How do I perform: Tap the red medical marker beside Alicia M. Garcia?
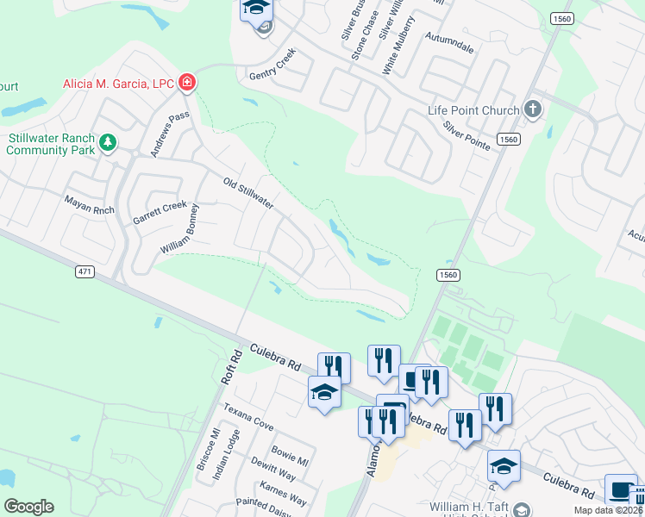pyautogui.click(x=186, y=83)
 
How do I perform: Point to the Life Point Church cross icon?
pyautogui.click(x=533, y=109)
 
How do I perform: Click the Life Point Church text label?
pyautogui.click(x=474, y=110)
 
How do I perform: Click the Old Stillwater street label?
pyautogui.click(x=248, y=194)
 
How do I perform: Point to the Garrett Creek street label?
pyautogui.click(x=160, y=213)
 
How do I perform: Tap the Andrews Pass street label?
pyautogui.click(x=170, y=134)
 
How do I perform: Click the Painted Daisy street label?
pyautogui.click(x=261, y=508)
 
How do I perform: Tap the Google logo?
pyautogui.click(x=28, y=507)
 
